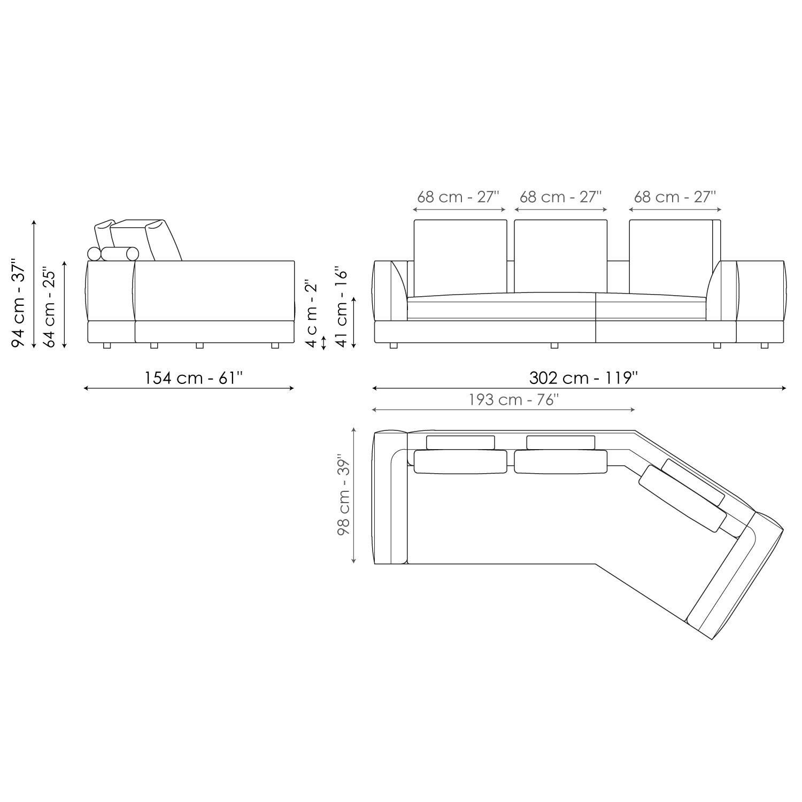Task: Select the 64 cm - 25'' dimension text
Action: [49, 307]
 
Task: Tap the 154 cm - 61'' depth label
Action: [194, 378]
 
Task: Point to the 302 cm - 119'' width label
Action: [583, 378]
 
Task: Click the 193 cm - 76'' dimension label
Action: [514, 400]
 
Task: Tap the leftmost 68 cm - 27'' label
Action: [458, 197]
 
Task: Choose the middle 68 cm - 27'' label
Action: [561, 197]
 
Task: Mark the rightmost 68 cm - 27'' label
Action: [675, 197]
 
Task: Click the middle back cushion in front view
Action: [560, 256]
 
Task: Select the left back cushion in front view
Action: [460, 256]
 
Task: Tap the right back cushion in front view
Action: [673, 256]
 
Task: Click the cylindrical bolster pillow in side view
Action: [120, 254]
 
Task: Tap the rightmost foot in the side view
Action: [275, 346]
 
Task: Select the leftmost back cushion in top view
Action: [460, 462]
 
